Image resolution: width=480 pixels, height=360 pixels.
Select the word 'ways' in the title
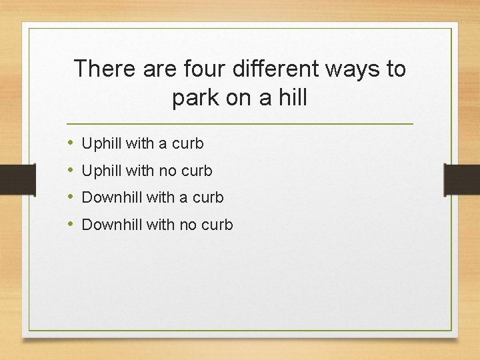(344, 69)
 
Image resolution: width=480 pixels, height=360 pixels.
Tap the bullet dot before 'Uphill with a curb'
(70, 143)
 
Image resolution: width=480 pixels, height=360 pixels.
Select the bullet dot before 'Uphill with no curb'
(70, 171)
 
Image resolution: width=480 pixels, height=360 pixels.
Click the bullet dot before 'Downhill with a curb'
(70, 197)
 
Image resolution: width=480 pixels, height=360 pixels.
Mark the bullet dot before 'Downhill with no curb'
(70, 225)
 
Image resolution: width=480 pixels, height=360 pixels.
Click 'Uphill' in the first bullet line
(102, 143)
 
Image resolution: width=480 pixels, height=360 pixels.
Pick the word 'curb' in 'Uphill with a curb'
(187, 143)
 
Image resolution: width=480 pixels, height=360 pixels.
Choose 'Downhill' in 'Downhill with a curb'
(112, 197)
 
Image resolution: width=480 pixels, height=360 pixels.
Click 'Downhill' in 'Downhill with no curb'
(112, 225)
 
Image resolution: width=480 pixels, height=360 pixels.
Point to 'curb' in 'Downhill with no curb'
(217, 225)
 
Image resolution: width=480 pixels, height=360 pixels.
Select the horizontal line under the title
(240, 124)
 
